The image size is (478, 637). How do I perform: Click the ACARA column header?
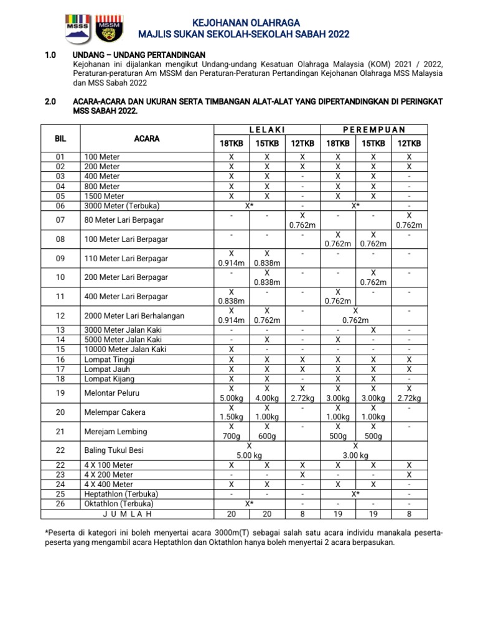(147, 139)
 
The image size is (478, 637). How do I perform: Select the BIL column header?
(60, 139)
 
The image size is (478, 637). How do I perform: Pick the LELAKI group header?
(266, 129)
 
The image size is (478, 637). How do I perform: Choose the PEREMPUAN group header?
(373, 129)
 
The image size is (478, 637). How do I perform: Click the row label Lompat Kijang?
(109, 379)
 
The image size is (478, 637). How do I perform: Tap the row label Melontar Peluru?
(113, 394)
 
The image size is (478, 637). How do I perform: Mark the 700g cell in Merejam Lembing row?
(231, 436)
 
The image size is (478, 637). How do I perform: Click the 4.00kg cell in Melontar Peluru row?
(266, 398)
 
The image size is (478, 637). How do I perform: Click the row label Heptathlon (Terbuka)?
(121, 494)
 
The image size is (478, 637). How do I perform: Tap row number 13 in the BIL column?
(60, 329)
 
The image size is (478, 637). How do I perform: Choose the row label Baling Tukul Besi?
(115, 450)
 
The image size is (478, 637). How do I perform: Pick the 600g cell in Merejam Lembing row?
(266, 436)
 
